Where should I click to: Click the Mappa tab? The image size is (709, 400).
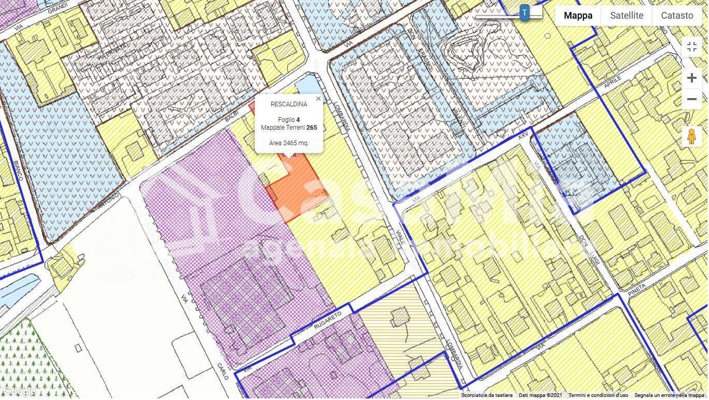pos(577,16)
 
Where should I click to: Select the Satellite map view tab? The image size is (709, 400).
pos(626,16)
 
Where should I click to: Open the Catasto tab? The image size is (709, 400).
pos(676,16)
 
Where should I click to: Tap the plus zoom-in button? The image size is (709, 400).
pos(691,78)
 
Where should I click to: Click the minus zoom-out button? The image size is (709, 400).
pos(691,99)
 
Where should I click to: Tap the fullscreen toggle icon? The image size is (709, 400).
pos(691,47)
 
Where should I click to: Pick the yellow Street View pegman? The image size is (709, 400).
pos(691,136)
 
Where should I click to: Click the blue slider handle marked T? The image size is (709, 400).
pos(525,13)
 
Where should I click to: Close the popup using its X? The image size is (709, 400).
pos(318,99)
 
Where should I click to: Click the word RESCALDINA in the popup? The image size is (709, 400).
pos(289,104)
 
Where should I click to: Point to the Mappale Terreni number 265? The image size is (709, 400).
pos(311,128)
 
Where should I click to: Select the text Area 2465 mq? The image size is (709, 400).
pos(289,143)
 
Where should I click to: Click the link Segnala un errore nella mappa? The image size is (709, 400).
pos(670,395)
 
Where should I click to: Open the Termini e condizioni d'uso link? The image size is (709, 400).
pos(598,395)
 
